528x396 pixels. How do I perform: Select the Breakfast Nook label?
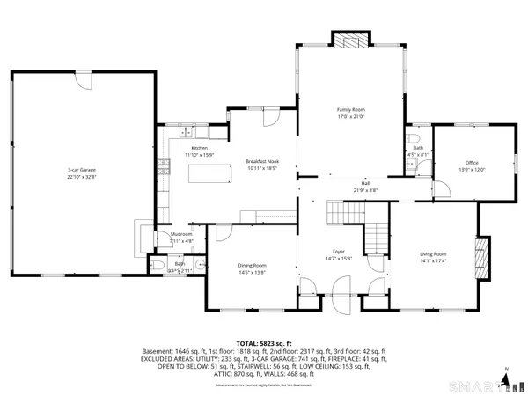[x=261, y=161]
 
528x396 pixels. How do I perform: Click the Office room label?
[x=472, y=163]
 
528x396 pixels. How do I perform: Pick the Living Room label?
[x=432, y=253]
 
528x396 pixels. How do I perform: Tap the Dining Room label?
[x=253, y=265]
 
